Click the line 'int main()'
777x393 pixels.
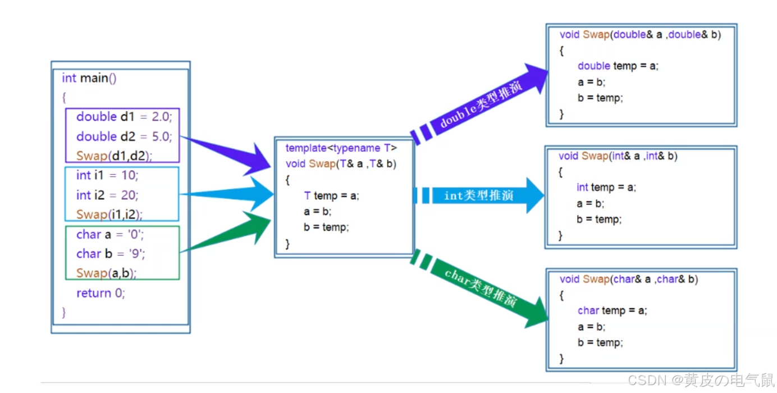89,78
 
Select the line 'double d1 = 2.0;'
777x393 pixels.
124,117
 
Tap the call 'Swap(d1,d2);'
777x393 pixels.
114,156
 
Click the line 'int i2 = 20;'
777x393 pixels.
107,195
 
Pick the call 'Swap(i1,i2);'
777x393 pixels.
109,214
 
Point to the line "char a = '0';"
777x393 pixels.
110,234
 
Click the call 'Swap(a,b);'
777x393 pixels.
106,273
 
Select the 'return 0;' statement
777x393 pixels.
100,293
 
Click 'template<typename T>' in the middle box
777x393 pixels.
341,148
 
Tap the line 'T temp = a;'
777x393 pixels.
331,195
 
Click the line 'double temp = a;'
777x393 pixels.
618,66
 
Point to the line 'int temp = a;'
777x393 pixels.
606,187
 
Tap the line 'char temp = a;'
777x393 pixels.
612,310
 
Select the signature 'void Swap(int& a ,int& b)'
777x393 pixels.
618,156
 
